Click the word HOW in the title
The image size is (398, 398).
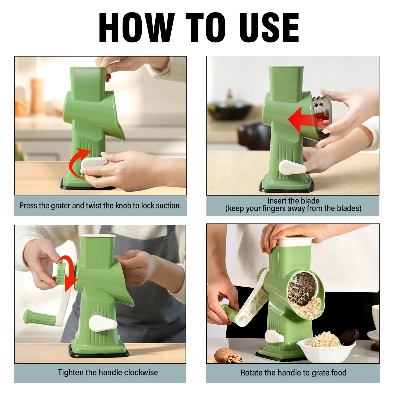click(x=137, y=27)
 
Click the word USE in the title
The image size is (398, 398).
click(x=269, y=27)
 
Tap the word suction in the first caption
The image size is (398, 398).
click(x=168, y=206)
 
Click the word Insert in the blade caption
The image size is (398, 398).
click(x=277, y=201)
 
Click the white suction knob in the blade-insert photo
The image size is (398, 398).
click(x=292, y=167)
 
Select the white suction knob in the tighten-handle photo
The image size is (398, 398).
click(x=103, y=323)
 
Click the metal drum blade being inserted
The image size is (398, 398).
click(x=321, y=117)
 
